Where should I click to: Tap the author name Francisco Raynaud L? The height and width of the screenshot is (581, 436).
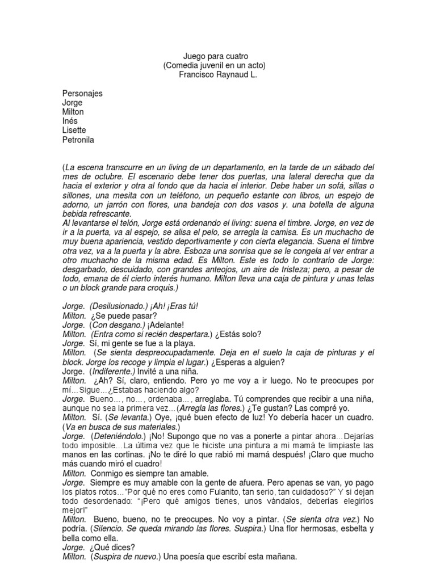coord(217,75)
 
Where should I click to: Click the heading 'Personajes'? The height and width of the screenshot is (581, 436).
coord(82,94)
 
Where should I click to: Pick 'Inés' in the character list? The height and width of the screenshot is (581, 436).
coord(70,121)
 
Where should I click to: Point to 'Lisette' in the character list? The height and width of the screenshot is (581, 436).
coord(74,130)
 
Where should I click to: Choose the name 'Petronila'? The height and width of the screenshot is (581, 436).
coord(78,140)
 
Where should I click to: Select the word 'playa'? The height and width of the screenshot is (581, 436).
coord(183,343)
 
